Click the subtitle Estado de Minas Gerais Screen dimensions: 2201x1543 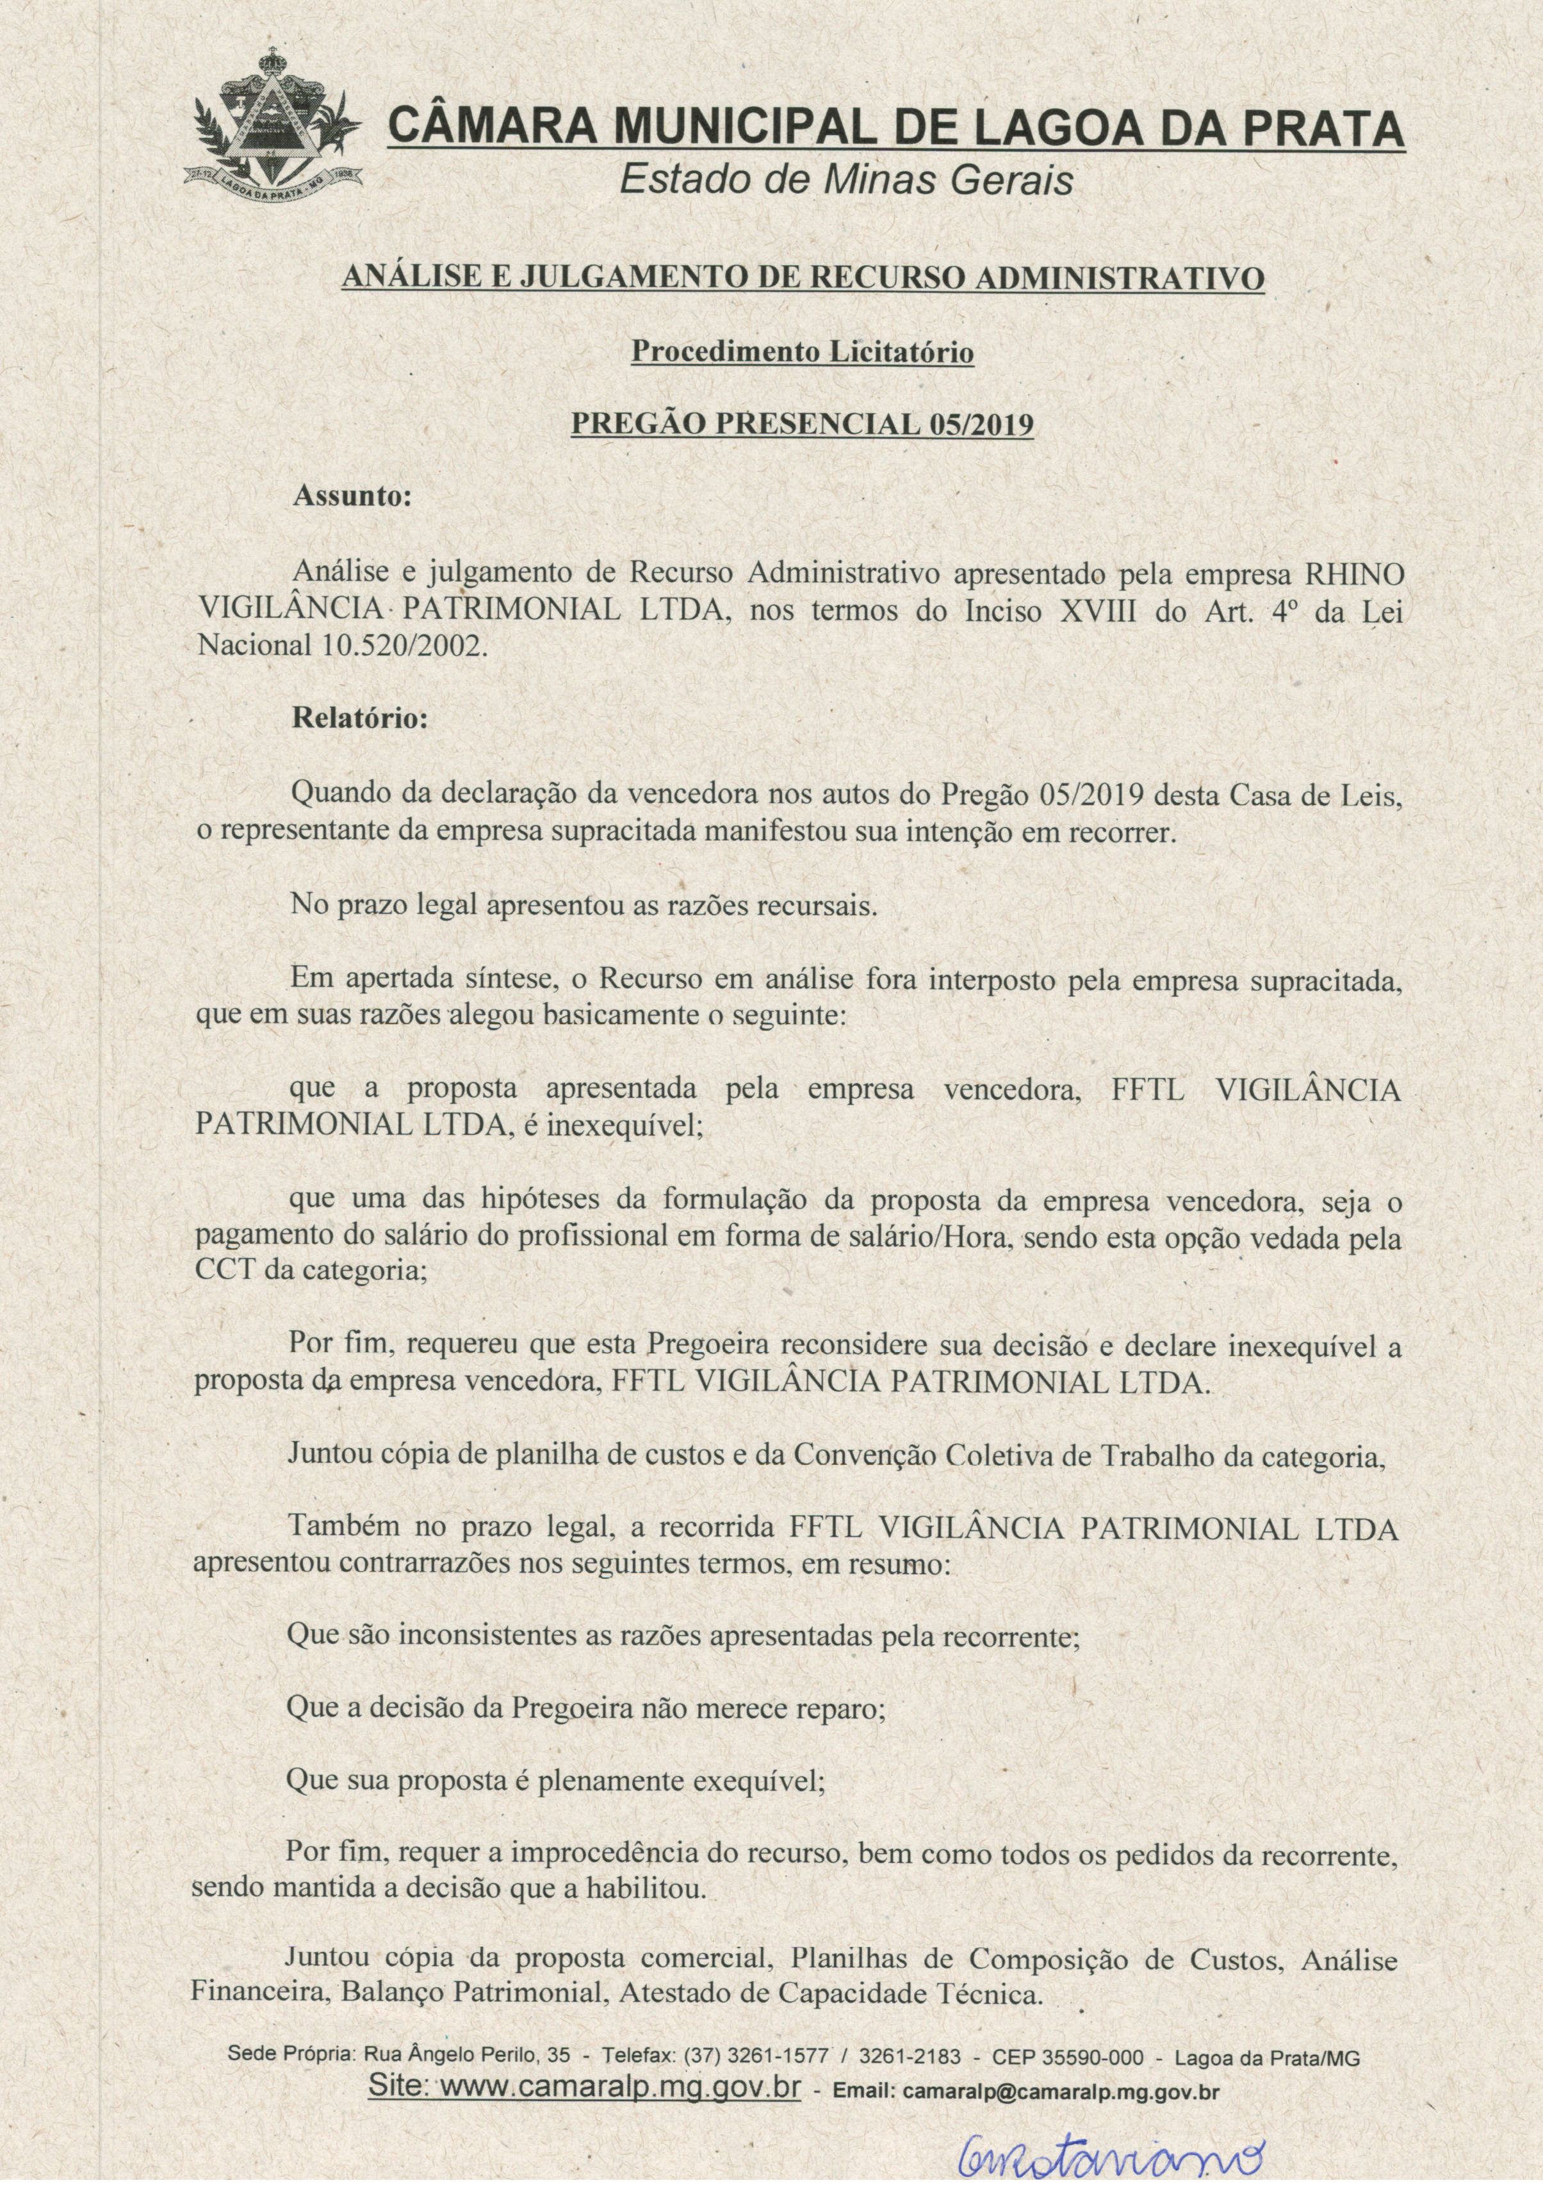(x=846, y=180)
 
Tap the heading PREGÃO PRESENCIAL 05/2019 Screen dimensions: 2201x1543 (x=802, y=424)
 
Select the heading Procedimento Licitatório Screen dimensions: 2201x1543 (x=802, y=353)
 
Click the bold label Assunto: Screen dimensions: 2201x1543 (x=352, y=496)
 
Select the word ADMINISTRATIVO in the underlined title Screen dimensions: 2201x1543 (x=1120, y=279)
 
